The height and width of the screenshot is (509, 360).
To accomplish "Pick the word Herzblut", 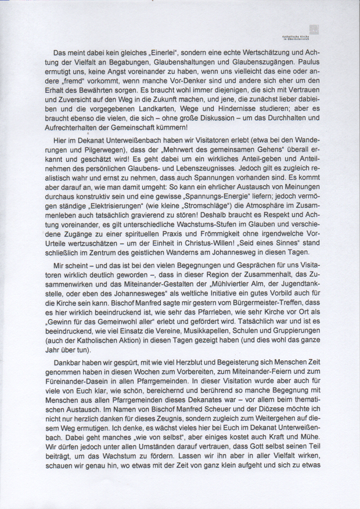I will [167, 360].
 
